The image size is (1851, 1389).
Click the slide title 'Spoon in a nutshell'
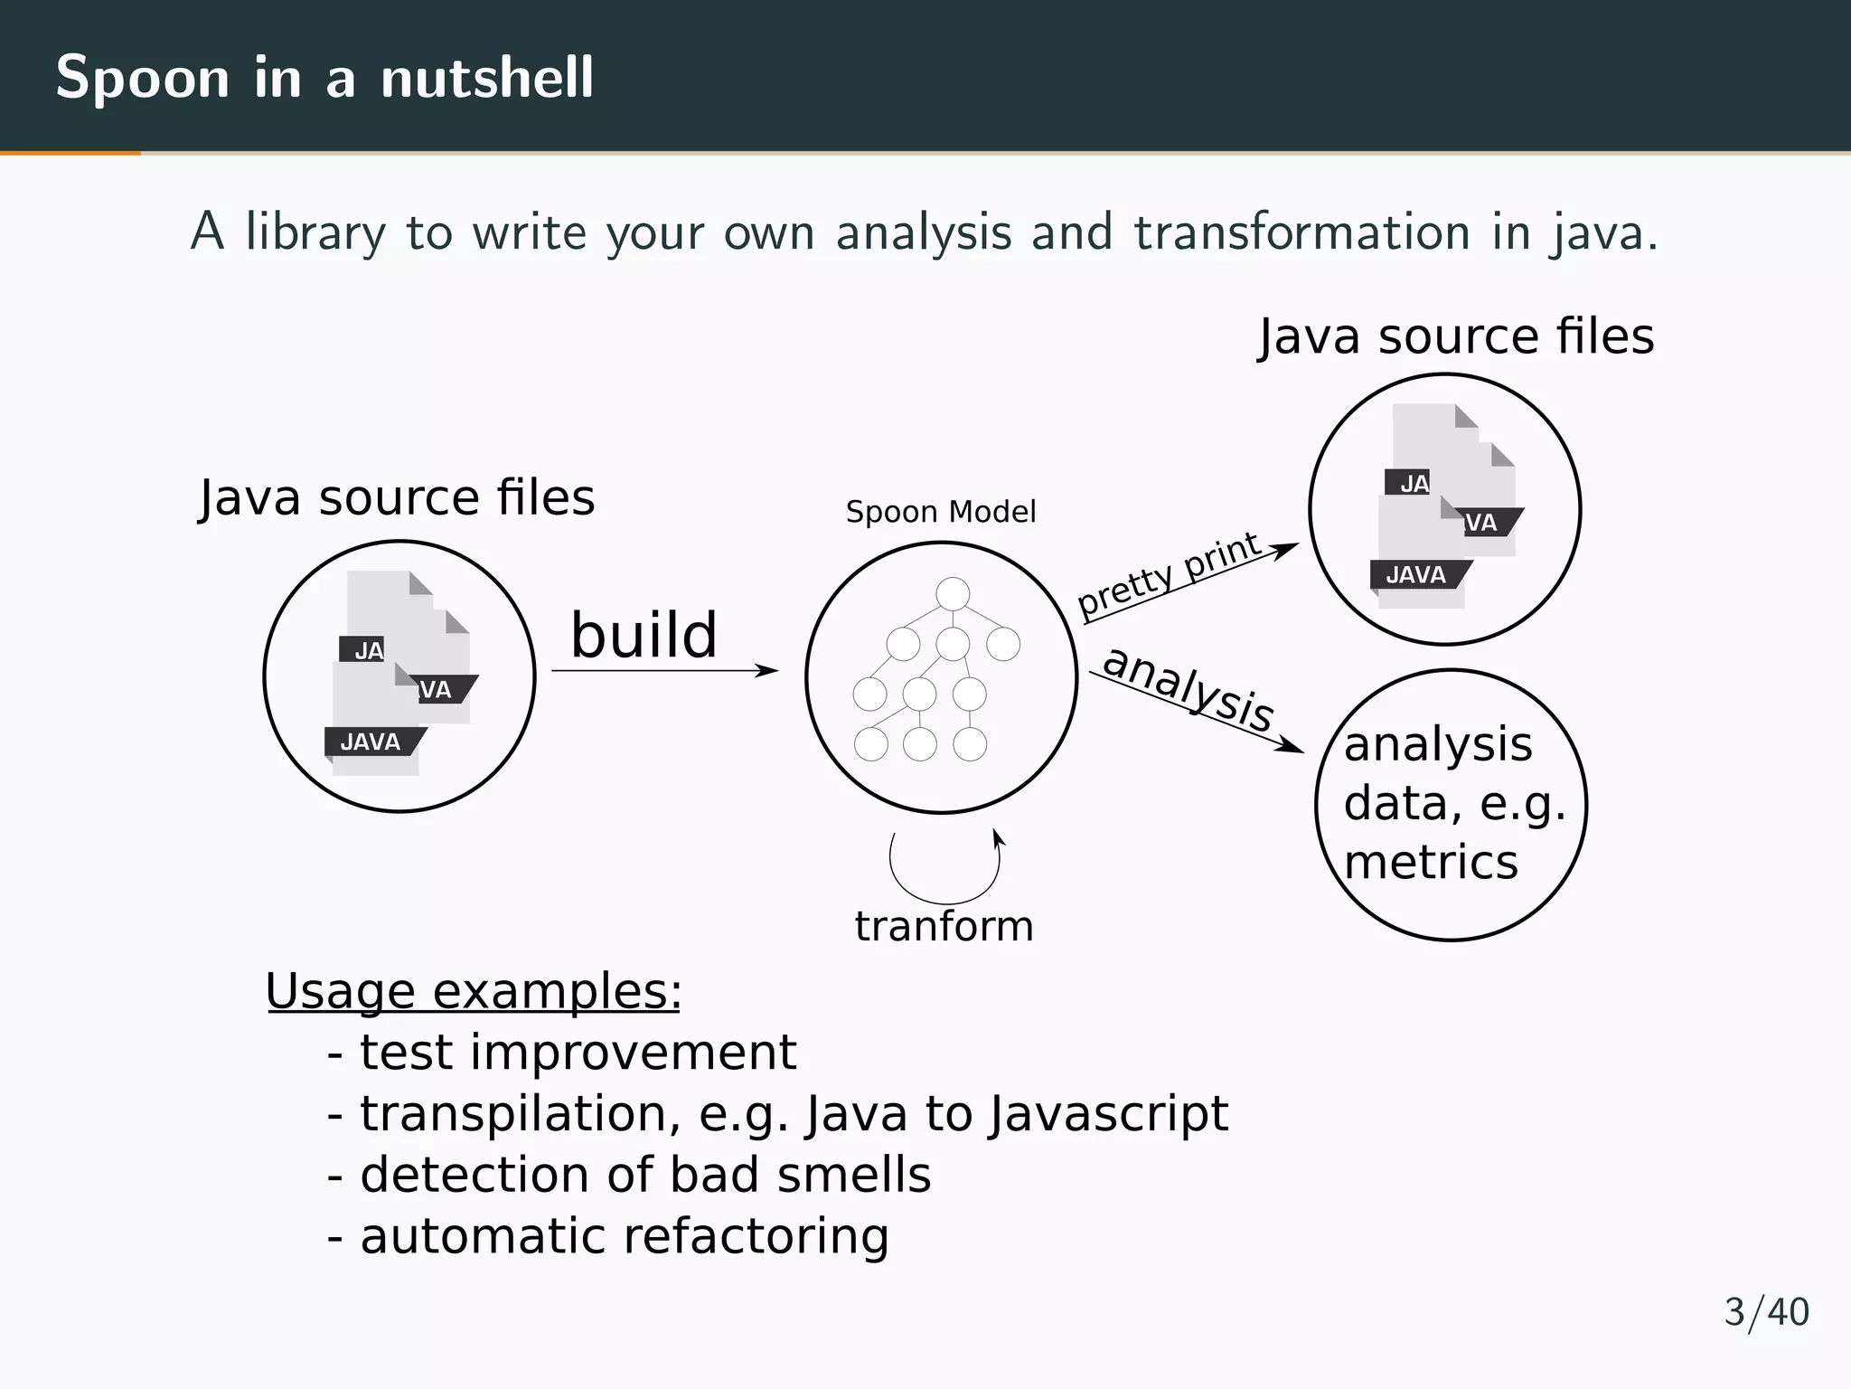click(324, 77)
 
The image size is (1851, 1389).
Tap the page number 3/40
click(1766, 1312)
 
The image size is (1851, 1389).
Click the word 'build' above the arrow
click(644, 635)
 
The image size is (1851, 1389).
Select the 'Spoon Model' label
click(940, 513)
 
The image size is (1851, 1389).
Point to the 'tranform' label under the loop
click(944, 926)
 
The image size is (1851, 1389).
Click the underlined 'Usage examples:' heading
click(473, 991)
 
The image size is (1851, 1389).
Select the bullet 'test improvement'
click(578, 1053)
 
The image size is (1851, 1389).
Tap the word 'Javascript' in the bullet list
click(1108, 1113)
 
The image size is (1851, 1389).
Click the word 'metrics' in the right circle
click(1431, 862)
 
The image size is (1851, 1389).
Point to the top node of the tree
click(953, 594)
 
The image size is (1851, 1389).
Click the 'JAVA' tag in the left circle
click(371, 742)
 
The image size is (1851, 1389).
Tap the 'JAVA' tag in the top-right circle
click(1416, 575)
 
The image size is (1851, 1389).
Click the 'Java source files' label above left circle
click(397, 497)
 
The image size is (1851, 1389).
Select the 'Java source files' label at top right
click(1456, 336)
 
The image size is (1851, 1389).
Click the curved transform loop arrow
click(944, 874)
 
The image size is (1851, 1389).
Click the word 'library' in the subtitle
click(315, 232)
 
